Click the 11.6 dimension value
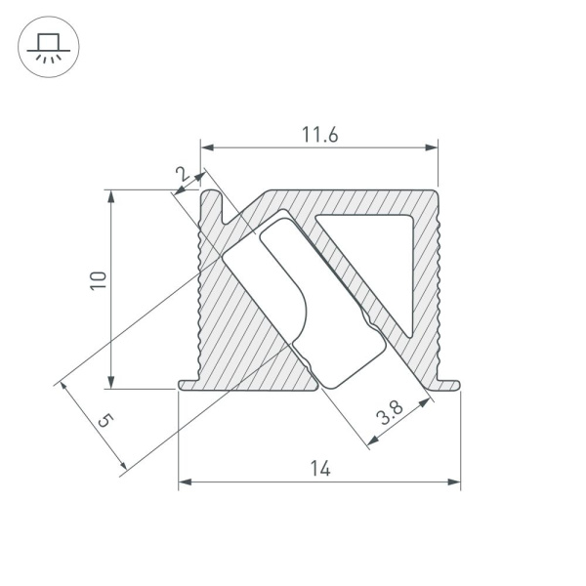[319, 136]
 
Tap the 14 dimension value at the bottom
[319, 469]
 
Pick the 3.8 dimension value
[390, 414]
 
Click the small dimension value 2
[181, 173]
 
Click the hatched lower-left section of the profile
[244, 342]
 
